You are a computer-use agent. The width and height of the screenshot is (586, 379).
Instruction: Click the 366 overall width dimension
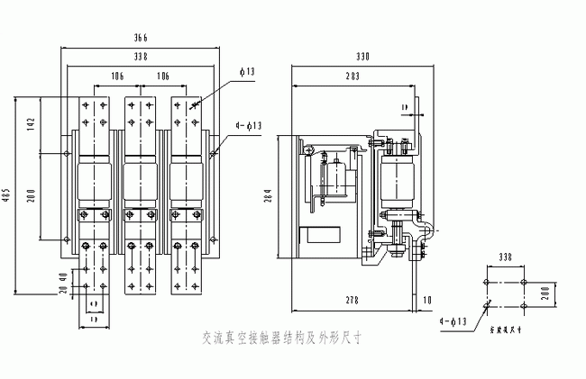pyautogui.click(x=141, y=37)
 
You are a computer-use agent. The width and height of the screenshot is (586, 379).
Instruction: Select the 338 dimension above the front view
pyautogui.click(x=141, y=56)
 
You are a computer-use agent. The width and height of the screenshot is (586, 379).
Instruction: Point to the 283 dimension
pyautogui.click(x=352, y=76)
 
